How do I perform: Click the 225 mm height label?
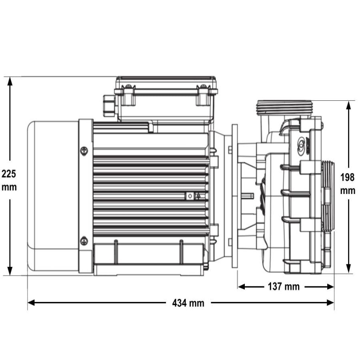click(x=9, y=180)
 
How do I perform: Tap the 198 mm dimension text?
click(x=348, y=184)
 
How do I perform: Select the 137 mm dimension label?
click(x=286, y=286)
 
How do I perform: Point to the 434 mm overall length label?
click(x=188, y=303)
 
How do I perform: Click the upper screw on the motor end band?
click(x=84, y=150)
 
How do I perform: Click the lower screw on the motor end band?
click(x=84, y=241)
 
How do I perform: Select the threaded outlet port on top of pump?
click(x=283, y=107)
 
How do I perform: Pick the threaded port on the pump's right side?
click(x=327, y=196)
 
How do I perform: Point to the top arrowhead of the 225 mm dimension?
click(x=10, y=81)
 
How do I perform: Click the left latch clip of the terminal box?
click(x=128, y=95)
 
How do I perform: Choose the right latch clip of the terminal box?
click(x=203, y=95)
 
